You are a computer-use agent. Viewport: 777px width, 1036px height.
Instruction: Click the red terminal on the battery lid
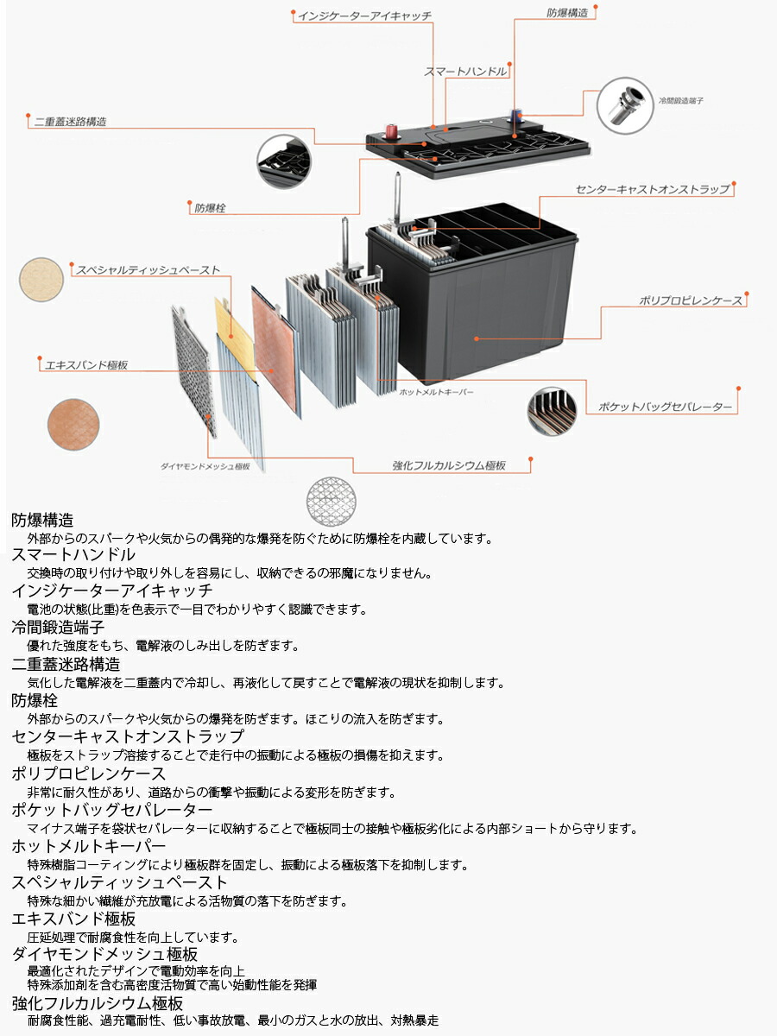point(391,130)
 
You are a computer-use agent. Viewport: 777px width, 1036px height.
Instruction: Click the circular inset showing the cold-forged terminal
point(625,105)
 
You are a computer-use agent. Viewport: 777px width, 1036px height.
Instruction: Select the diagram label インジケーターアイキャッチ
point(364,16)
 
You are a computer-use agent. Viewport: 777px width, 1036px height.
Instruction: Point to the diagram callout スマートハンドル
point(465,72)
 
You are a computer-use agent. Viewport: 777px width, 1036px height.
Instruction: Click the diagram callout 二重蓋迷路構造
point(70,122)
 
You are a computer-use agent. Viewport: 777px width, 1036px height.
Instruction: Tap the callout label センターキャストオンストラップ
point(653,190)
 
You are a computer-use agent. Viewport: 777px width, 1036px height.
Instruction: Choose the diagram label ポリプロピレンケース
point(691,300)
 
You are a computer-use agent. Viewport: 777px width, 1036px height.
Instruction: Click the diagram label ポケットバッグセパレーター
point(665,407)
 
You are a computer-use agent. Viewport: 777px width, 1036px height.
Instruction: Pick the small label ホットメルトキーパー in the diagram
point(436,392)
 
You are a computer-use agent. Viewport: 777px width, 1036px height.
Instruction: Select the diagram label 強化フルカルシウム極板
point(449,466)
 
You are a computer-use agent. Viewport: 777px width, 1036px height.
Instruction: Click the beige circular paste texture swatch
point(41,280)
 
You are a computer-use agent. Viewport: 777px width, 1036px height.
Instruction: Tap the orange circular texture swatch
point(73,424)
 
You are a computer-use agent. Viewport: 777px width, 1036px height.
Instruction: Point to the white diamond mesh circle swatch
point(332,501)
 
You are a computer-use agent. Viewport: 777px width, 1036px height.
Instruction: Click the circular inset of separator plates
point(552,411)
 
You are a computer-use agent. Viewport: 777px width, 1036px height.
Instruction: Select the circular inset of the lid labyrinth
point(284,162)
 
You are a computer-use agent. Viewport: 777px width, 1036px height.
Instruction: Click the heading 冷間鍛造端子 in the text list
point(58,628)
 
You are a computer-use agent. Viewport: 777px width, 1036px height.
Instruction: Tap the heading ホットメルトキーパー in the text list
point(89,847)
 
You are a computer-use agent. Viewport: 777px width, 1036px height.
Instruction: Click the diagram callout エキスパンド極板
point(86,365)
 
